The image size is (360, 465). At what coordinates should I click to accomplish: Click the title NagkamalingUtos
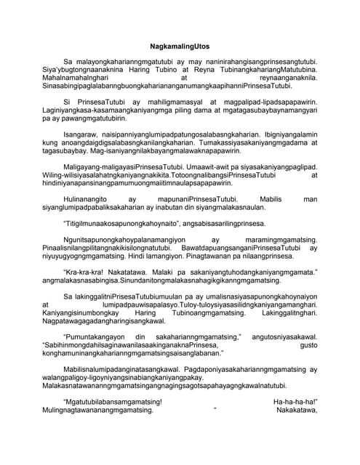pos(179,44)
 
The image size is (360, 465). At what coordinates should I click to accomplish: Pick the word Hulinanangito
pos(89,219)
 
